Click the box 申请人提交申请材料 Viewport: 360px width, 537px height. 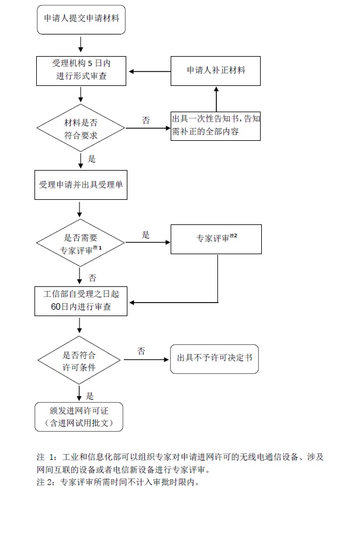[x=81, y=19]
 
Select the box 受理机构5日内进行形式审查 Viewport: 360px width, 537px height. [x=81, y=71]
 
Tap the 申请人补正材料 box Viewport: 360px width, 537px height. [x=216, y=71]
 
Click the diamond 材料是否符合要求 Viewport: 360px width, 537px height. [x=81, y=128]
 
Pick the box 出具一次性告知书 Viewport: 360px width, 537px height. [x=216, y=126]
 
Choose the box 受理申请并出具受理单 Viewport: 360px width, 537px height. [x=81, y=185]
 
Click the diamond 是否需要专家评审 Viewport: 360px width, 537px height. [x=81, y=243]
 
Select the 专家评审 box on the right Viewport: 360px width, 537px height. [x=216, y=239]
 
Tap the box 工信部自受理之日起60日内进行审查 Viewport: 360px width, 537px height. [x=81, y=301]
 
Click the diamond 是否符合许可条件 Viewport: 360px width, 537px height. [x=79, y=360]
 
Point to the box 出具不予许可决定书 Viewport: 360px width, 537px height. [x=214, y=359]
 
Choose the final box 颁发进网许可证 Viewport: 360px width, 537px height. [x=79, y=417]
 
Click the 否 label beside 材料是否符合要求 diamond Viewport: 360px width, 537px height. [x=146, y=120]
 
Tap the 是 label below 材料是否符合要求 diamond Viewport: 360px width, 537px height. [x=91, y=158]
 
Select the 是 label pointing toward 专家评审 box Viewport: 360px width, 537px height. [x=146, y=234]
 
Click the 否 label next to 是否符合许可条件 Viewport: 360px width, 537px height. [x=141, y=351]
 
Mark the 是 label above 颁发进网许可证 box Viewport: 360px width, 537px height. [x=90, y=396]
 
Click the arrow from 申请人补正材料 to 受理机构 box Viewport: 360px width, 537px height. [x=150, y=71]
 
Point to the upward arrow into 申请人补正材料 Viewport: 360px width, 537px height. [x=216, y=99]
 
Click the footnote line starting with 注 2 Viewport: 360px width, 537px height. [x=118, y=482]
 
